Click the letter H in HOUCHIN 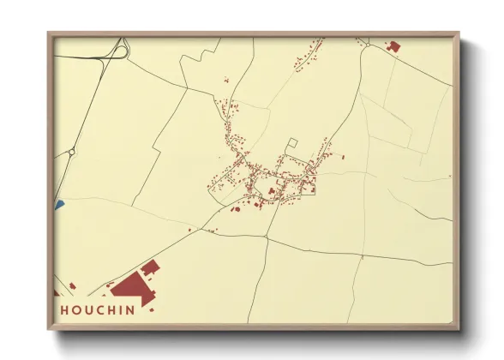(65, 309)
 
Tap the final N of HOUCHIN (129, 309)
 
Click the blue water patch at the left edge (59, 205)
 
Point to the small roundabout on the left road (72, 152)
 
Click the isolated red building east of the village (342, 157)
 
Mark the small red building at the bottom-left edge (73, 285)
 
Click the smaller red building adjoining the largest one (150, 268)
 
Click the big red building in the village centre (272, 190)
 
